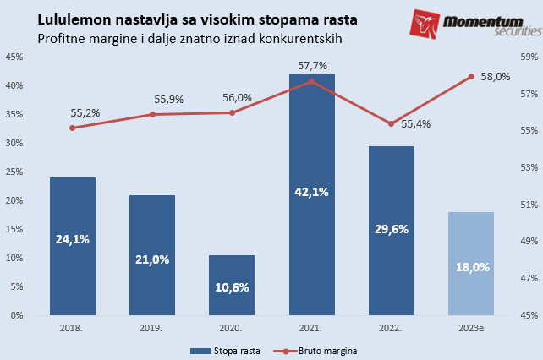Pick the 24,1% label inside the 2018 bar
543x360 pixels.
(x=72, y=239)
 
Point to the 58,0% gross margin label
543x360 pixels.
(x=496, y=76)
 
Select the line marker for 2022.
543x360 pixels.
(x=392, y=123)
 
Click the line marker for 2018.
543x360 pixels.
(x=72, y=128)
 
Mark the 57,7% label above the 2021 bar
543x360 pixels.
(x=312, y=66)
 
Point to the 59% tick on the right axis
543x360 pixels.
(x=529, y=57)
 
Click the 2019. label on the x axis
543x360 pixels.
(x=151, y=326)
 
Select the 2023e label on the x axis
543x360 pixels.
(x=471, y=326)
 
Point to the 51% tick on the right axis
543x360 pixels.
(x=529, y=205)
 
